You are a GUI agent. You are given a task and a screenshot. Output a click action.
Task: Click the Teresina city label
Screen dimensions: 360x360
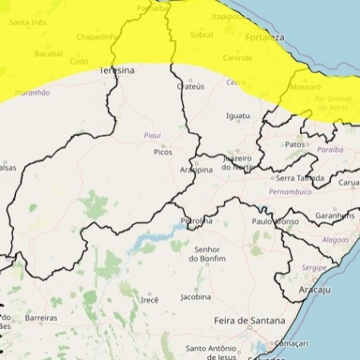pyautogui.click(x=117, y=70)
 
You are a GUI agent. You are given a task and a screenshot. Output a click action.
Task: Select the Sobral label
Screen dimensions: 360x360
pyautogui.click(x=202, y=35)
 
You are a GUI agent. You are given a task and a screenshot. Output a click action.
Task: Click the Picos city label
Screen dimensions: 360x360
pyautogui.click(x=163, y=151)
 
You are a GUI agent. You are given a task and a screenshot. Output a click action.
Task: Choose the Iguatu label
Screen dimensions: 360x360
pyautogui.click(x=238, y=116)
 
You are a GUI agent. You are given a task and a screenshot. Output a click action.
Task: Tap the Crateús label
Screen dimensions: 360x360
pyautogui.click(x=190, y=86)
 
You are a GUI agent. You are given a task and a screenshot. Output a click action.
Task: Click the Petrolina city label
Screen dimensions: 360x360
pyautogui.click(x=196, y=220)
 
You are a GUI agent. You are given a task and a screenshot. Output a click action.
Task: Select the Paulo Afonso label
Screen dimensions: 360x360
pyautogui.click(x=274, y=221)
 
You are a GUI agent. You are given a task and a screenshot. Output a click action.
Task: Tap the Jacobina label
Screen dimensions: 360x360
pyautogui.click(x=195, y=297)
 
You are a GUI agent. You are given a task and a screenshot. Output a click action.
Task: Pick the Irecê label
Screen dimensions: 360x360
pyautogui.click(x=150, y=299)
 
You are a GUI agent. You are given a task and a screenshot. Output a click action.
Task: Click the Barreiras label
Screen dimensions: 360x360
pyautogui.click(x=41, y=318)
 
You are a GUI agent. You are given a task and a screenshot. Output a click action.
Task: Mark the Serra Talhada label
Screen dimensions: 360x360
pyautogui.click(x=301, y=178)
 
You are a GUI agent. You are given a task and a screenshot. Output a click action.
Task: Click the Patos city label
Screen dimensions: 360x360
pyautogui.click(x=295, y=145)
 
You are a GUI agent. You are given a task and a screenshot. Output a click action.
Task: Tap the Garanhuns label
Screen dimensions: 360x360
pyautogui.click(x=334, y=215)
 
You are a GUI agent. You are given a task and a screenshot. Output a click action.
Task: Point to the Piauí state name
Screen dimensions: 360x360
pyautogui.click(x=152, y=135)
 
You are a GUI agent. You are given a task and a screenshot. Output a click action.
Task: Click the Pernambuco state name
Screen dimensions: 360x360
pyautogui.click(x=290, y=194)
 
